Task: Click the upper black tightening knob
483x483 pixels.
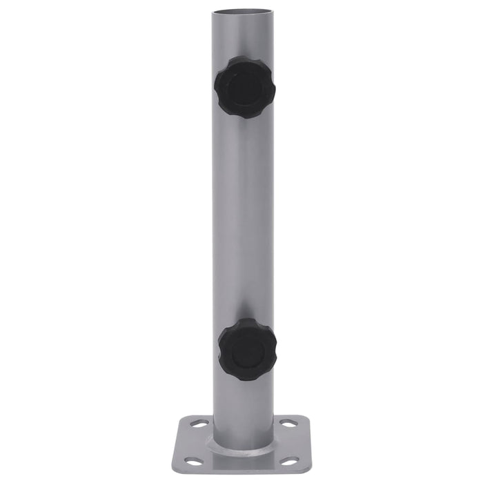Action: click(x=244, y=87)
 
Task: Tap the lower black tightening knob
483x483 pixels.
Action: click(x=247, y=350)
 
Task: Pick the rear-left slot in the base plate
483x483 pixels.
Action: click(x=200, y=424)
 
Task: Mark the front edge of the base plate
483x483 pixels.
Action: click(x=241, y=475)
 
